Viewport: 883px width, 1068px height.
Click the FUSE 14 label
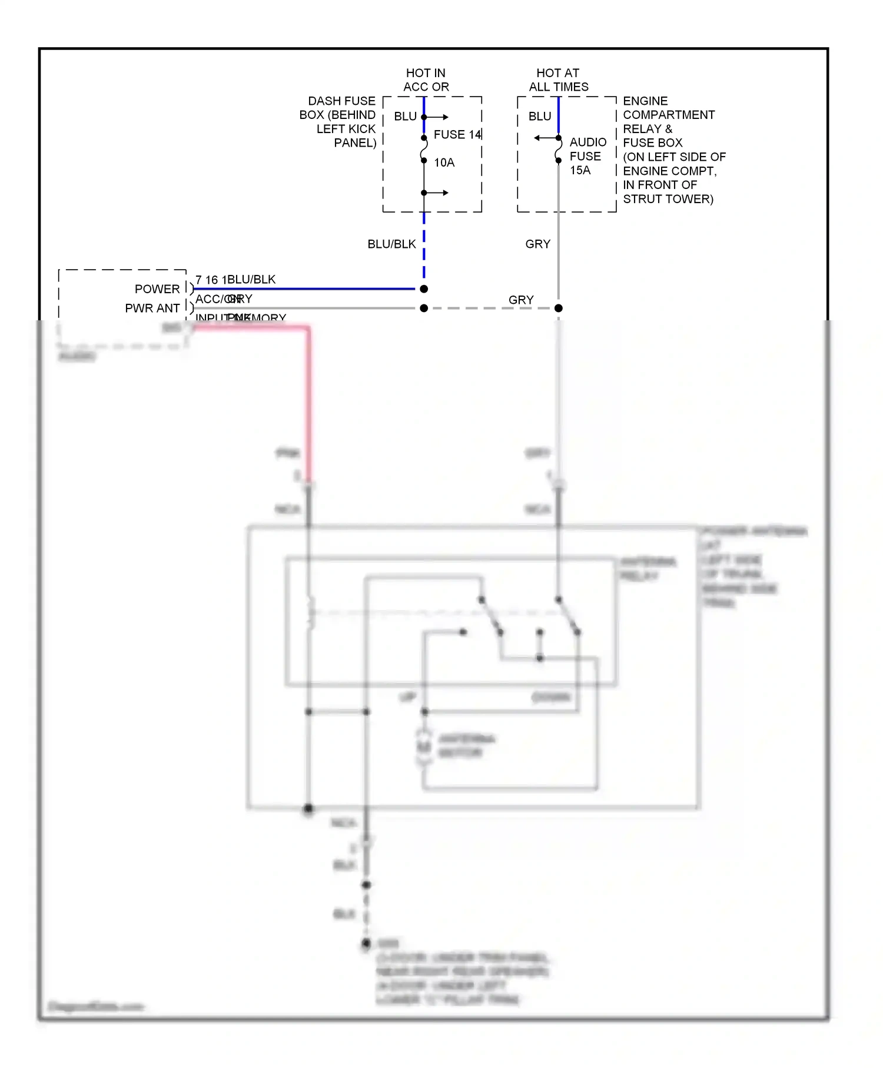point(457,135)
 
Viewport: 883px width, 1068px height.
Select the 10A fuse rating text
point(444,163)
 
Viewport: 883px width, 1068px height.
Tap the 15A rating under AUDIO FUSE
point(580,171)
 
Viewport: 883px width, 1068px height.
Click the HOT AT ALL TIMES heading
point(558,80)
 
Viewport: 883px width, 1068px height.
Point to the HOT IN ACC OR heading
point(426,80)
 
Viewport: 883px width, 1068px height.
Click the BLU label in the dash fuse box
point(405,117)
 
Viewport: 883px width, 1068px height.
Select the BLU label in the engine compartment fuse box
point(539,117)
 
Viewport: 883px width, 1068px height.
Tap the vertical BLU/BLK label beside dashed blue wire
point(391,244)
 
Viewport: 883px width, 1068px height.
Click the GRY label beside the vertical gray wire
point(537,244)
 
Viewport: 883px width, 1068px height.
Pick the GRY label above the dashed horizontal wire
point(521,300)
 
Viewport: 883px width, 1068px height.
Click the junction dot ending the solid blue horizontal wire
point(424,289)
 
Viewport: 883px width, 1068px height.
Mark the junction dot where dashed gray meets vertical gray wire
point(559,309)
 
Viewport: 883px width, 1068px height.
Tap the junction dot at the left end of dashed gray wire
point(424,309)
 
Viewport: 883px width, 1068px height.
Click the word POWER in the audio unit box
point(157,289)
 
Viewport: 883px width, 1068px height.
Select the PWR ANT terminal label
point(152,309)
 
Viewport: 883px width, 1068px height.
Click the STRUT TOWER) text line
point(668,200)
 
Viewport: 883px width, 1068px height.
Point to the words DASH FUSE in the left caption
point(341,101)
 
